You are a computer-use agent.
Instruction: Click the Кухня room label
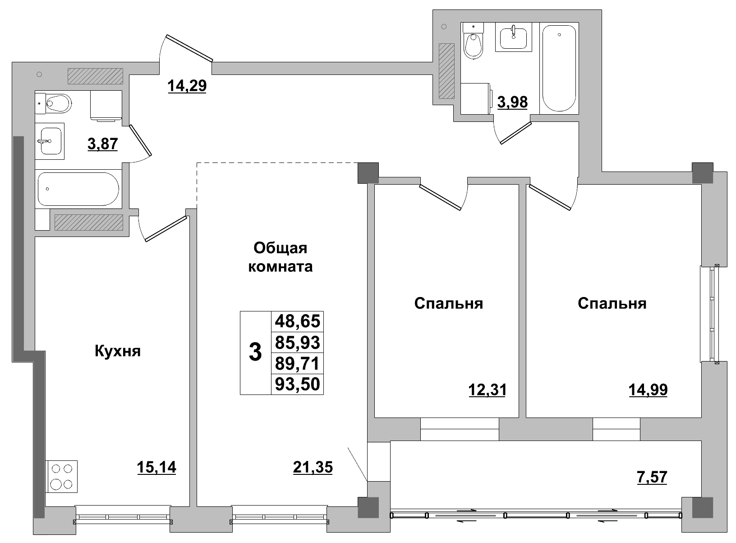[118, 351]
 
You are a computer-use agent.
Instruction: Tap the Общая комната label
[280, 257]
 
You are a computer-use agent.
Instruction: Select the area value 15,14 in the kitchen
[156, 468]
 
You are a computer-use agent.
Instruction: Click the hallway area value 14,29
[187, 85]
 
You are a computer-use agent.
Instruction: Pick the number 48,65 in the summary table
[297, 321]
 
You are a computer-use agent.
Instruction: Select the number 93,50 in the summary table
[297, 384]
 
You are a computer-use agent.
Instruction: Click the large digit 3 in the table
[255, 352]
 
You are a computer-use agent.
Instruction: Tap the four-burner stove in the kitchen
[62, 477]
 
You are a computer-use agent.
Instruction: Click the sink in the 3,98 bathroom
[513, 37]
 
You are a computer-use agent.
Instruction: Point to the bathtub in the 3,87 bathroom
[78, 189]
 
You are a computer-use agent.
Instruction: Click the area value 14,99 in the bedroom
[648, 389]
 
